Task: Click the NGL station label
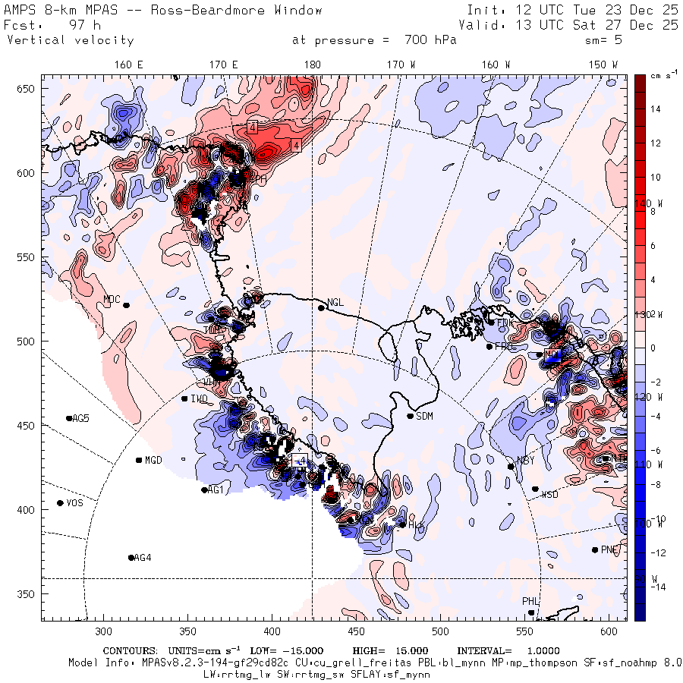coord(335,303)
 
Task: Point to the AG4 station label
coord(143,558)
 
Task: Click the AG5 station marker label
coord(80,418)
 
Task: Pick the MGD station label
coord(153,461)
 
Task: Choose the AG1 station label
coord(216,490)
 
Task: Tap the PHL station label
coord(530,602)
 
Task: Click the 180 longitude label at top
coord(312,65)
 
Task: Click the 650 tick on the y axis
coord(27,90)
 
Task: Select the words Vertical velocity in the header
coord(71,40)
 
